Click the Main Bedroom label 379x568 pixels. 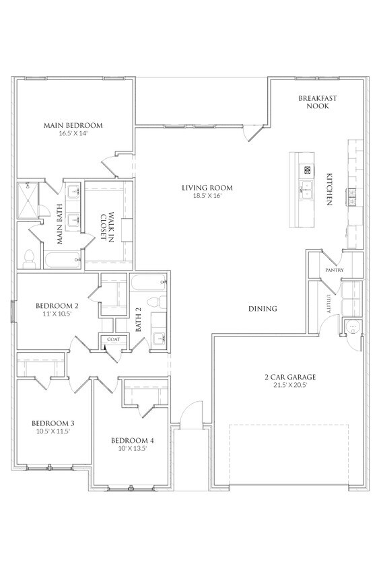(73, 125)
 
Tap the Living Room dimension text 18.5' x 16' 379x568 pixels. (207, 196)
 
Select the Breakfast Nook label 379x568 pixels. (318, 102)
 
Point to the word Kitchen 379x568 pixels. (329, 189)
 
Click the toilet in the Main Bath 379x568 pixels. (28, 258)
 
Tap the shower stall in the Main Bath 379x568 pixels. (27, 200)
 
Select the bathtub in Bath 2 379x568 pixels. (149, 283)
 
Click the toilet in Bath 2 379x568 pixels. (156, 301)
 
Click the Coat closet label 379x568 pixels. (113, 339)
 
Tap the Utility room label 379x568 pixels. (329, 304)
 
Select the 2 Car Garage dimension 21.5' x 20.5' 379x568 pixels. (290, 385)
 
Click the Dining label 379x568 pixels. (263, 309)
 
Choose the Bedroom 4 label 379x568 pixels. (132, 441)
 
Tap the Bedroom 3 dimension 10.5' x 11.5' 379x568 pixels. (53, 431)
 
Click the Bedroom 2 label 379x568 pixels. (57, 306)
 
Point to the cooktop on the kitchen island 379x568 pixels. (307, 170)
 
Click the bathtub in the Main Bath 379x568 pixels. (63, 260)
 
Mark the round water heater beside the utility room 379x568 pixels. (352, 328)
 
